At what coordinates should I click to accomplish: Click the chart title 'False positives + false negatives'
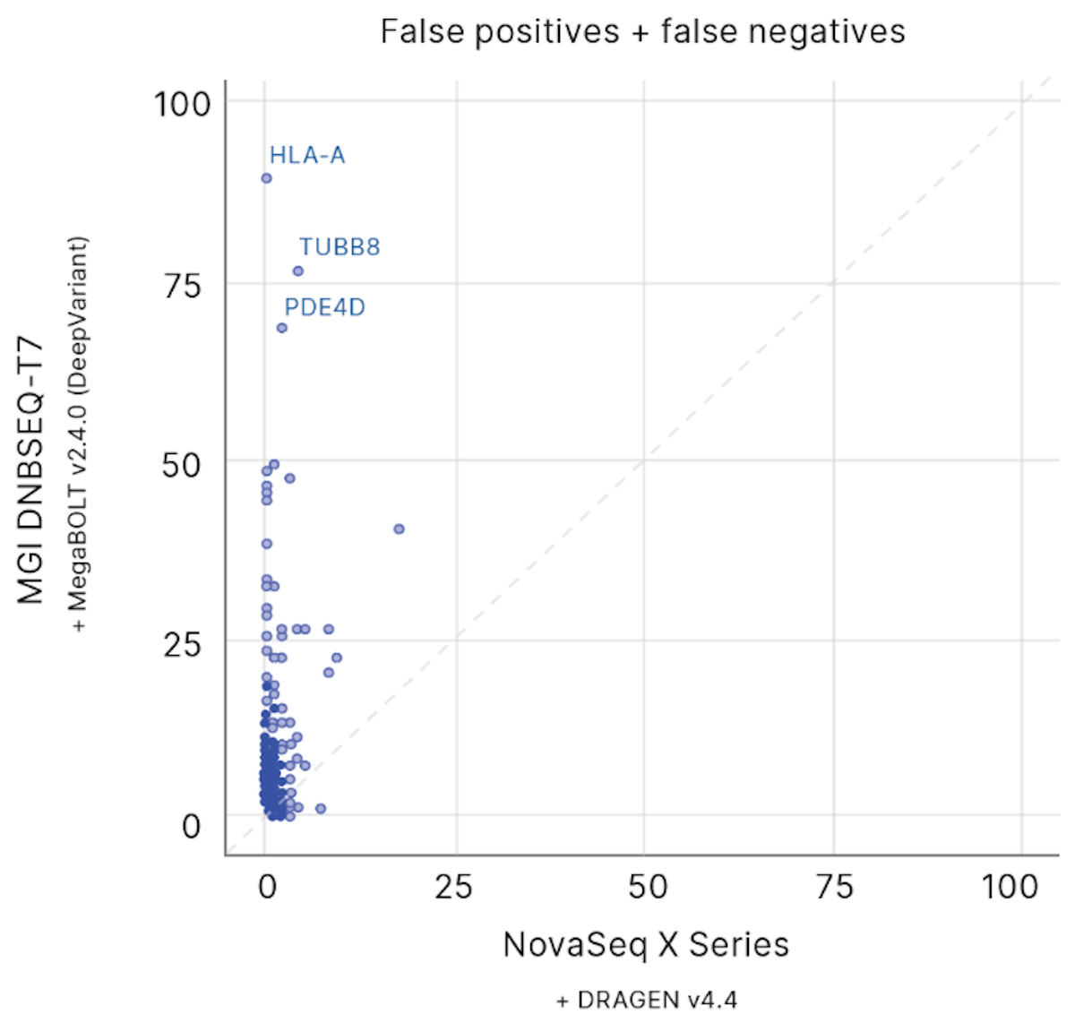tap(642, 32)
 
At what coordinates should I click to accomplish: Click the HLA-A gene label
tap(307, 156)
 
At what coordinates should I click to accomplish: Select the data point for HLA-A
tap(266, 178)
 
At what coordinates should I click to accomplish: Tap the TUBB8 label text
tap(340, 247)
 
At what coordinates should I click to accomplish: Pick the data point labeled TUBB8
tap(298, 271)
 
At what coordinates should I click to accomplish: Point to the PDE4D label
tap(324, 308)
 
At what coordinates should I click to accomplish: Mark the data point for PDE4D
tap(282, 328)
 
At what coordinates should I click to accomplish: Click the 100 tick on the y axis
tap(182, 104)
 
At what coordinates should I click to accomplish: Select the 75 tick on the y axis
tap(183, 286)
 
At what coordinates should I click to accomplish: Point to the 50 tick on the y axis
tap(182, 465)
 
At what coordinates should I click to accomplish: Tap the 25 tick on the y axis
tap(182, 644)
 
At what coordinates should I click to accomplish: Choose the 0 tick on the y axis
tap(191, 826)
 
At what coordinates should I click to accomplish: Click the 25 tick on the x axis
tap(453, 887)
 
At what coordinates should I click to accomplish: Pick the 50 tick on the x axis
tap(647, 887)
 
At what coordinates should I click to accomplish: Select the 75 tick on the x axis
tap(834, 887)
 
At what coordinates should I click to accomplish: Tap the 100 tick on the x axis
tap(1009, 887)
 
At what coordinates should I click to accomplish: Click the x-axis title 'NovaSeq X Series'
tap(646, 945)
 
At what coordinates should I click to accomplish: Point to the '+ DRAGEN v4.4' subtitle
tap(647, 1000)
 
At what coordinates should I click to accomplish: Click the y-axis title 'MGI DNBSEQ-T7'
tap(31, 470)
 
